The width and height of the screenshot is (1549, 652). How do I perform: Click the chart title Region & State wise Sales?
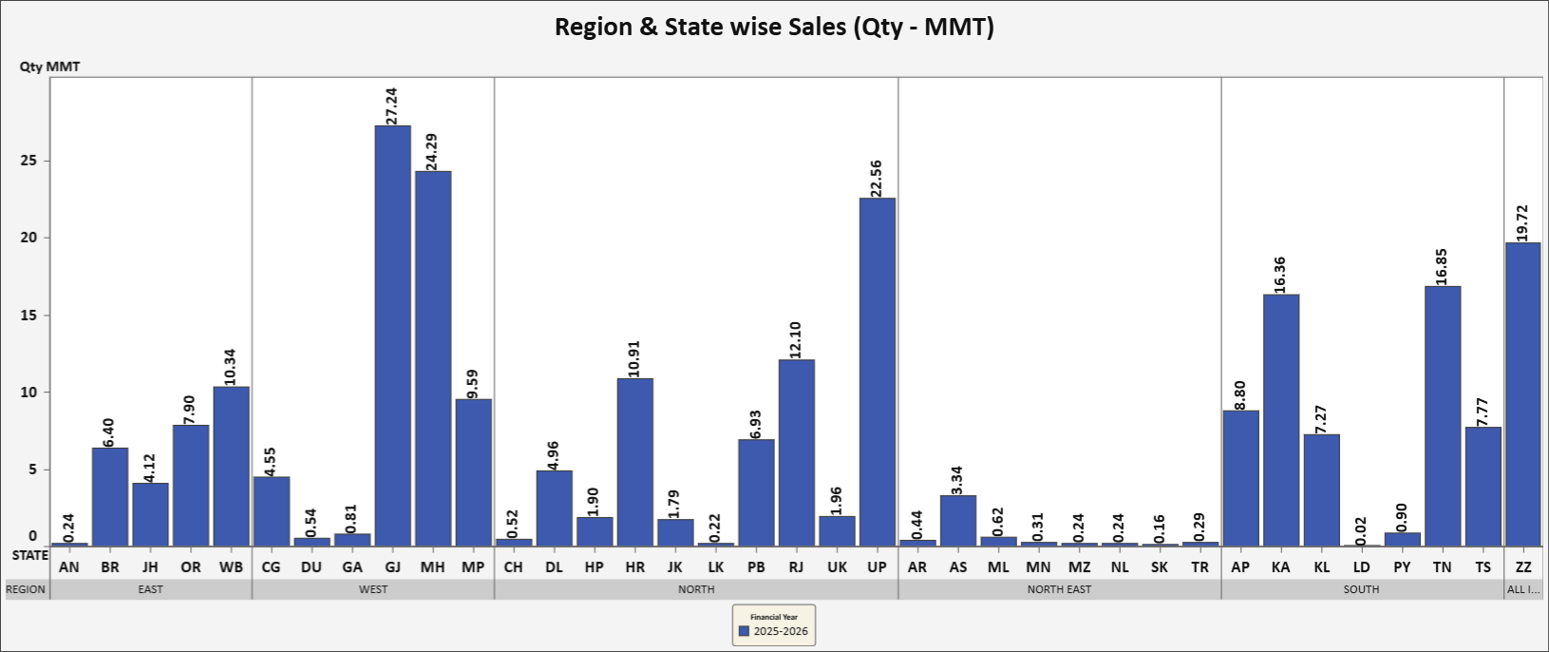pos(774,27)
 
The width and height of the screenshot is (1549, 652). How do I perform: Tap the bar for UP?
pos(877,372)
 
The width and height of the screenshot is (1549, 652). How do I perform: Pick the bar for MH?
pos(433,358)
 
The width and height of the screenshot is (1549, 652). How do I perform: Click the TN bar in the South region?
pos(1443,415)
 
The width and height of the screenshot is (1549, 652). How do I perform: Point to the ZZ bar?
pos(1522,393)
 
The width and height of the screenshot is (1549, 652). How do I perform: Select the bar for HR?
pos(634,462)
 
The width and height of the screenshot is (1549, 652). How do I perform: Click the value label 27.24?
pos(392,105)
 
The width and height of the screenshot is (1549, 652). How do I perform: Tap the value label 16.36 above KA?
pos(1280,275)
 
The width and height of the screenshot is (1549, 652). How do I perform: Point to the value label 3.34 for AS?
pos(957,480)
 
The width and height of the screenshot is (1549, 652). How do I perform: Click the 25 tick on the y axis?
pos(29,161)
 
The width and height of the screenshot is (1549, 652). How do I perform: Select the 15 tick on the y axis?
pos(29,315)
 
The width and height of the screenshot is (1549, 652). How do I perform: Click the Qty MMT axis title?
pos(50,67)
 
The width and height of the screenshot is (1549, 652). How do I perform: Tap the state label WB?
pos(231,567)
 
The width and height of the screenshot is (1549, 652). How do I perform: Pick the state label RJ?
pos(796,567)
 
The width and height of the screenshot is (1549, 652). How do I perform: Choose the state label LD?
pos(1362,567)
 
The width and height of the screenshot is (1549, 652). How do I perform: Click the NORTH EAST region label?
pos(1059,589)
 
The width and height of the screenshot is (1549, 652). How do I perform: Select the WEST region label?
pos(373,589)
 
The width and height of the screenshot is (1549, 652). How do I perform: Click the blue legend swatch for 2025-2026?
pos(745,631)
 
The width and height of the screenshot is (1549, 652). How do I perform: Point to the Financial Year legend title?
pos(774,617)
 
